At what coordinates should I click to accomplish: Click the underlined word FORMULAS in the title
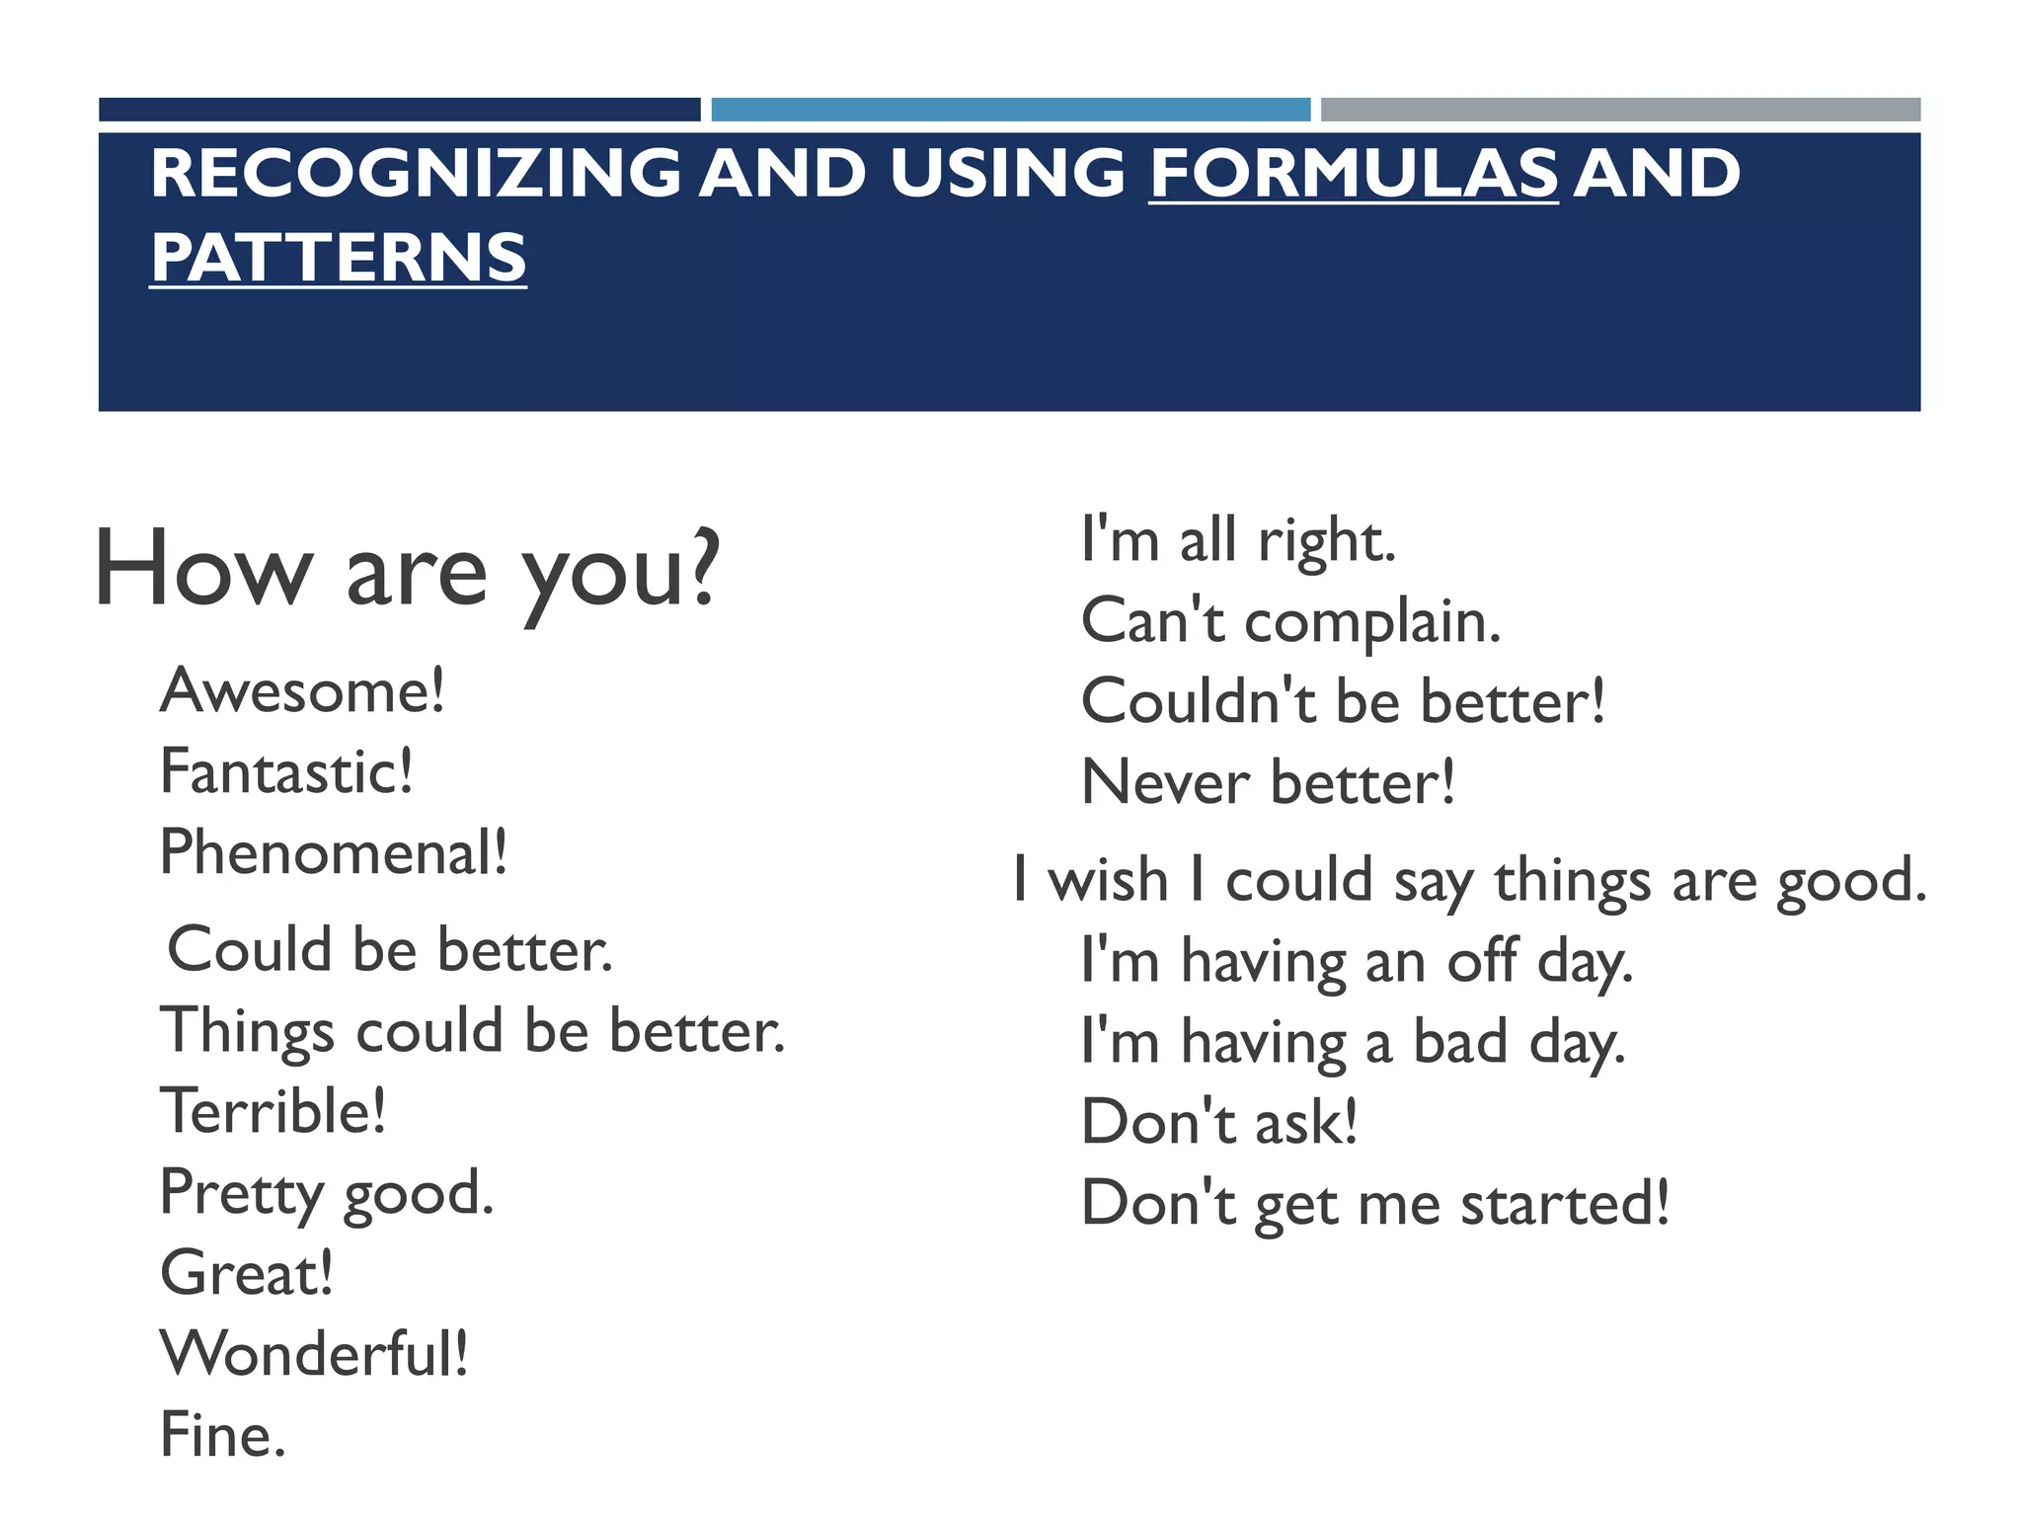1354,173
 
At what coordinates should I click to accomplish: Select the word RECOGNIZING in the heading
416,173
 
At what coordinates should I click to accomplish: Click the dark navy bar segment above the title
399,110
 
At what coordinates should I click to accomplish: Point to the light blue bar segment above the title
1010,110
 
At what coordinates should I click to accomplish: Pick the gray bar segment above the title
1620,110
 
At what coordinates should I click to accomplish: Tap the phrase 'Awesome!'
302,690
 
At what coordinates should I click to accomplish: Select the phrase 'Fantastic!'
286,771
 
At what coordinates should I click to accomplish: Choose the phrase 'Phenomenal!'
334,852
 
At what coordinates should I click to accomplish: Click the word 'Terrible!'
272,1111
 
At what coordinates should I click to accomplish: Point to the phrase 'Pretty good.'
326,1194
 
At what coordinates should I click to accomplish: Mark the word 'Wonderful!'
314,1354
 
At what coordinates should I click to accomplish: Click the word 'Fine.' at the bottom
222,1435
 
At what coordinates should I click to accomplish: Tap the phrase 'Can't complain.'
1290,622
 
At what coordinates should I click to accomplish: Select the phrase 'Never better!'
1268,783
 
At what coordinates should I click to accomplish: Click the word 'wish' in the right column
1108,880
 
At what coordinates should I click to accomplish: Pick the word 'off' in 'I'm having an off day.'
1481,961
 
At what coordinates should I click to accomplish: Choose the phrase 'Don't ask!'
1219,1122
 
